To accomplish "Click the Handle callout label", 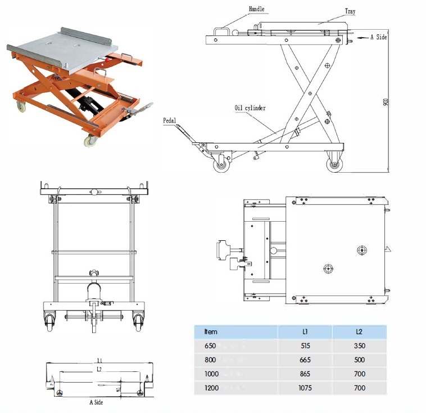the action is (x=256, y=9).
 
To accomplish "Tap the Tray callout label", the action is (x=350, y=11).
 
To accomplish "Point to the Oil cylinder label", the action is (x=250, y=108).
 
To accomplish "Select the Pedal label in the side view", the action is (x=170, y=120).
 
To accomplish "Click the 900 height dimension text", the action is (x=385, y=102).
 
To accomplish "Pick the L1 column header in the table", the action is (x=305, y=331).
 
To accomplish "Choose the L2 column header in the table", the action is (x=359, y=331).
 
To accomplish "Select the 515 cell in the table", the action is (x=305, y=346).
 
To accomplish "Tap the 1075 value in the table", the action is (x=305, y=388).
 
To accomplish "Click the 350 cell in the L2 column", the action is (x=359, y=346).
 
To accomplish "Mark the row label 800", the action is (x=210, y=360).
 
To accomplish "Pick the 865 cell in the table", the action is (x=305, y=374).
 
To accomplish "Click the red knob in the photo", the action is (x=107, y=60).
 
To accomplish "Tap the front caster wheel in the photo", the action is (x=90, y=141).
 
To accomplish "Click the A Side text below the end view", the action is (x=96, y=402).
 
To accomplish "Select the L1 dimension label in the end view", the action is (x=99, y=361).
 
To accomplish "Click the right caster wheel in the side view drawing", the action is (x=334, y=164).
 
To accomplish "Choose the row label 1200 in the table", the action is (x=211, y=388).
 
